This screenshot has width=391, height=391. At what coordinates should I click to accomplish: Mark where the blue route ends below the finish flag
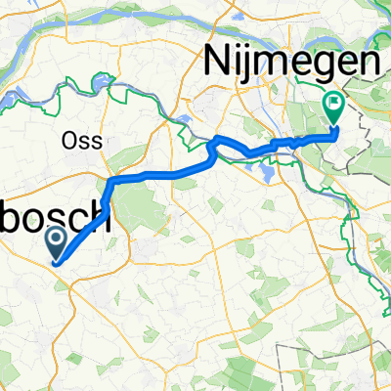click(x=335, y=128)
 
